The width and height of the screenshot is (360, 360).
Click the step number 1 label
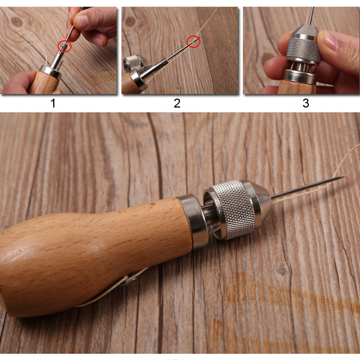[x=53, y=103]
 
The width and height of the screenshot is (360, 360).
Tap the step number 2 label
[x=177, y=103]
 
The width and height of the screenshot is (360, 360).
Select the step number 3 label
[x=305, y=103]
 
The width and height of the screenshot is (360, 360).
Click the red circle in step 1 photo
[x=65, y=46]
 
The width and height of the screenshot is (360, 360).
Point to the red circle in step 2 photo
[x=193, y=41]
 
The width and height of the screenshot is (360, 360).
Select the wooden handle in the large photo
[x=90, y=252]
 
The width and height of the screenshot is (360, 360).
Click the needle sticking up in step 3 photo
[x=311, y=14]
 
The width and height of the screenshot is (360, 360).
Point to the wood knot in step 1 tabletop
[x=16, y=22]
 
